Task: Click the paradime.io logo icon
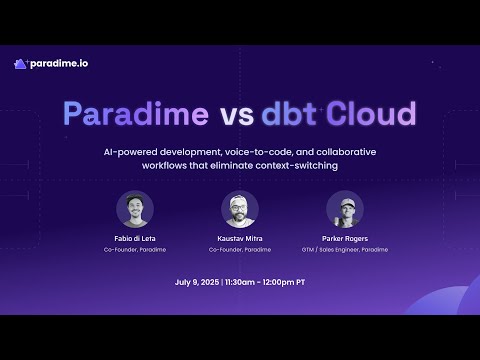pyautogui.click(x=20, y=63)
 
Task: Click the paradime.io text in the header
pyautogui.click(x=58, y=63)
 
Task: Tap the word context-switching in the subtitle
pyautogui.click(x=298, y=165)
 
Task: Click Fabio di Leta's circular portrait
pyautogui.click(x=135, y=209)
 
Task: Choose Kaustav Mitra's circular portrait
pyautogui.click(x=240, y=209)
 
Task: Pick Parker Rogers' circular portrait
pyautogui.click(x=345, y=209)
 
